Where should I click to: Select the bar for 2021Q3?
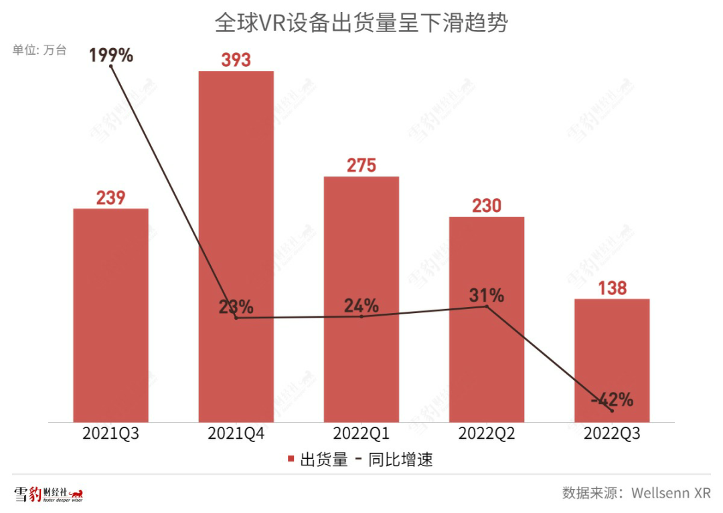point(110,314)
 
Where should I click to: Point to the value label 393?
point(236,60)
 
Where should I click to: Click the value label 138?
point(612,288)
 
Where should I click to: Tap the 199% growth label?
point(111,55)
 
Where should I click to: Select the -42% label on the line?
point(612,400)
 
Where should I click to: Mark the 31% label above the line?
point(487,294)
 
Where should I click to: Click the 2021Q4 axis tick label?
point(236,433)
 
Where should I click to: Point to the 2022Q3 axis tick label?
point(612,433)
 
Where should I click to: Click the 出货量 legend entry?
point(317,460)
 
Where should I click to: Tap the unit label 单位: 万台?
point(39,50)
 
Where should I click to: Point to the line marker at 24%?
point(361,316)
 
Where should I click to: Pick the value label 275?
point(361,165)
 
